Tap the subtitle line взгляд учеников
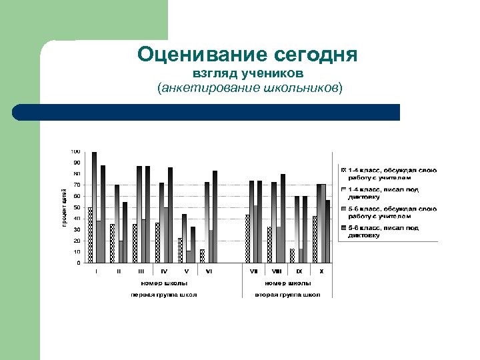click(x=248, y=72)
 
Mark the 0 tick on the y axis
click(x=79, y=263)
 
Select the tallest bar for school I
click(x=95, y=207)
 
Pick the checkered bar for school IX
click(x=293, y=255)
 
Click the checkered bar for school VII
click(x=247, y=238)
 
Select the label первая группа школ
click(x=163, y=294)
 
